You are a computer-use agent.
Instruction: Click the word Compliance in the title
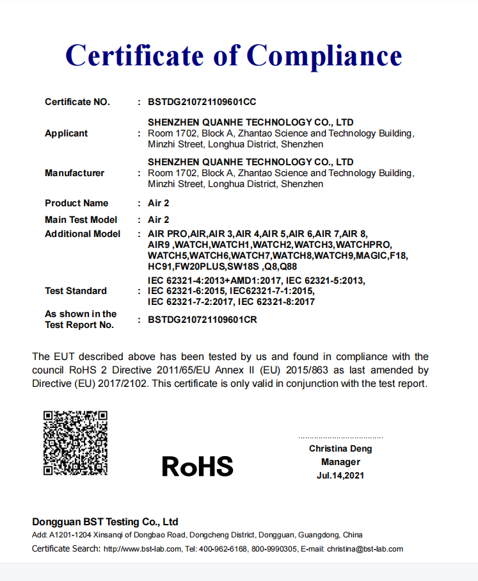click(x=324, y=56)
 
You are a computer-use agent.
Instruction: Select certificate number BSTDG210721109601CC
click(x=202, y=102)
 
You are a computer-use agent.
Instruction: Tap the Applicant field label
click(x=67, y=133)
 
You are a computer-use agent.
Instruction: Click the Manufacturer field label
click(x=74, y=173)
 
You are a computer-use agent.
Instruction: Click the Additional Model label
click(x=83, y=234)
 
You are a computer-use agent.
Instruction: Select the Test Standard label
click(x=76, y=291)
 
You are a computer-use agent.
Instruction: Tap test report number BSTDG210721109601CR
click(x=202, y=320)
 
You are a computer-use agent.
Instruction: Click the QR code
click(x=75, y=443)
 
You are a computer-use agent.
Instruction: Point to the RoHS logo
click(x=197, y=466)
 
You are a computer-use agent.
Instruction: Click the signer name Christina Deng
click(x=340, y=448)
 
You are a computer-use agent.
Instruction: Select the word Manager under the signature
click(x=340, y=462)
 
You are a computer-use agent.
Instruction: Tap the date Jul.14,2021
click(x=340, y=475)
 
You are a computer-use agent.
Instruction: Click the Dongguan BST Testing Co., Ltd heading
click(x=105, y=521)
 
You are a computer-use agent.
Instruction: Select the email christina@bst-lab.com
click(x=365, y=549)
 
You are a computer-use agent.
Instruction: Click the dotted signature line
click(x=340, y=438)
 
